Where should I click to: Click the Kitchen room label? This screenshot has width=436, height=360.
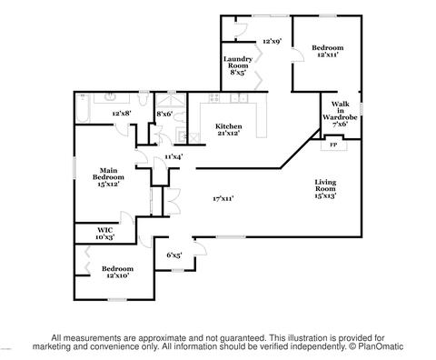click(228, 129)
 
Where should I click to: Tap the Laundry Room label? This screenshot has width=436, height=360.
click(238, 65)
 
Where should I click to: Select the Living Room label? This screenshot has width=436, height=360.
click(325, 188)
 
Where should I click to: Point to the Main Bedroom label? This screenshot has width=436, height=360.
click(108, 177)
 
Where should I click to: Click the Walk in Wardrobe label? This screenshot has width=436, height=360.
click(340, 114)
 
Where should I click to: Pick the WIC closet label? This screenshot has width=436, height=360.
click(105, 234)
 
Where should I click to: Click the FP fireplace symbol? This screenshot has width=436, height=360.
click(333, 145)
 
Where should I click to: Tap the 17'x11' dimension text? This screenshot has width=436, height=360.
click(223, 198)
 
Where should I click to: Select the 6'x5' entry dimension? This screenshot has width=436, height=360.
click(174, 255)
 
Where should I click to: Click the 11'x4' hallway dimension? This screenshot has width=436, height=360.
click(173, 156)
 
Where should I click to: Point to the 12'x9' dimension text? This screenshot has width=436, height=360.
click(272, 41)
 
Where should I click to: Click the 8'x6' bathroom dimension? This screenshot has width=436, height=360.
click(164, 114)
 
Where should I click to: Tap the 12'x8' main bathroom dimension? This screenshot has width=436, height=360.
click(122, 114)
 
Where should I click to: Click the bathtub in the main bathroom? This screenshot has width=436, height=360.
click(83, 108)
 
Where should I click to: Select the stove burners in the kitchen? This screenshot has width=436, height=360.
click(214, 98)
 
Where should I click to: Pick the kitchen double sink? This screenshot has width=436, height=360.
click(239, 98)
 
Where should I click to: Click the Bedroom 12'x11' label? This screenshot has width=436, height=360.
click(328, 51)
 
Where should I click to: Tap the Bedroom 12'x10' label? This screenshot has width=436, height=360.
click(117, 272)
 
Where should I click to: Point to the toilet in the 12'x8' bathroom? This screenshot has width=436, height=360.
click(143, 98)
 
